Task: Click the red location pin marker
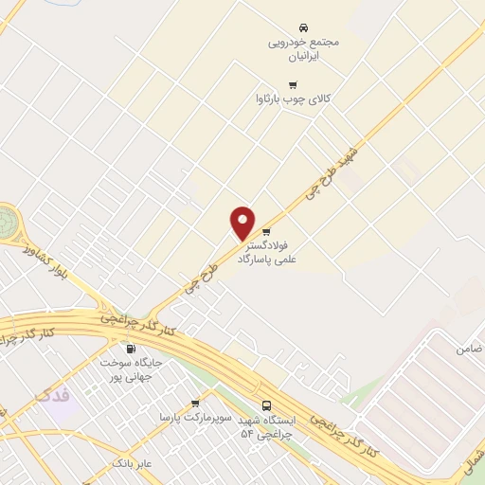click(x=243, y=223)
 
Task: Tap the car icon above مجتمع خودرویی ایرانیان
click(x=303, y=27)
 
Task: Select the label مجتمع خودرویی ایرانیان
click(x=304, y=49)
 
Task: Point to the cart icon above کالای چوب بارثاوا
click(x=279, y=82)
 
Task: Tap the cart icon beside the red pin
click(x=266, y=231)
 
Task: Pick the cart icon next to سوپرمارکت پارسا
click(x=195, y=403)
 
